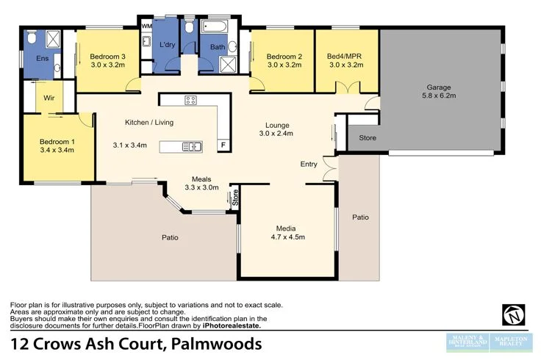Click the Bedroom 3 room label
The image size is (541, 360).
[107, 57]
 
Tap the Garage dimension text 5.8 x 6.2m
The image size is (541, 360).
[438, 96]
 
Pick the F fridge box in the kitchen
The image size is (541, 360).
[223, 145]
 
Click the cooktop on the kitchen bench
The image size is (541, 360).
[190, 101]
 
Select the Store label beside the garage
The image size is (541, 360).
[368, 137]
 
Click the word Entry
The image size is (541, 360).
[309, 164]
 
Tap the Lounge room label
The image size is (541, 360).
[277, 125]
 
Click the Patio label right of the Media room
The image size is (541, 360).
[360, 217]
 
